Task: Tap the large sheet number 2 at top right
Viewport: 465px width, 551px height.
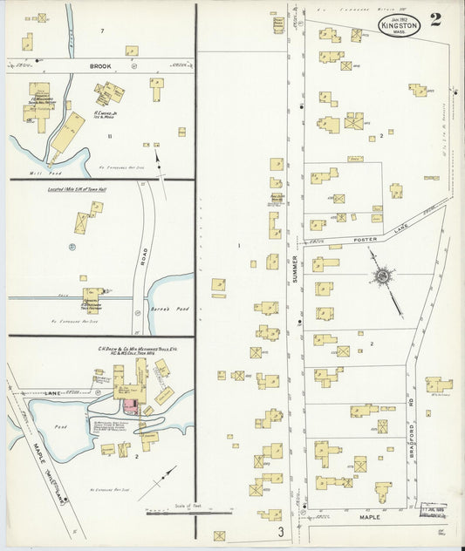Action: tap(434, 19)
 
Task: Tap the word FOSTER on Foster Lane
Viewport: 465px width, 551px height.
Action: tap(364, 238)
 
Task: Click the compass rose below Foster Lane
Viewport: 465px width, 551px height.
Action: tap(381, 276)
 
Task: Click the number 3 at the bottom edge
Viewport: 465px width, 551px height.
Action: tap(281, 531)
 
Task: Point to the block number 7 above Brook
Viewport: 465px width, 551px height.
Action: tap(102, 31)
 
